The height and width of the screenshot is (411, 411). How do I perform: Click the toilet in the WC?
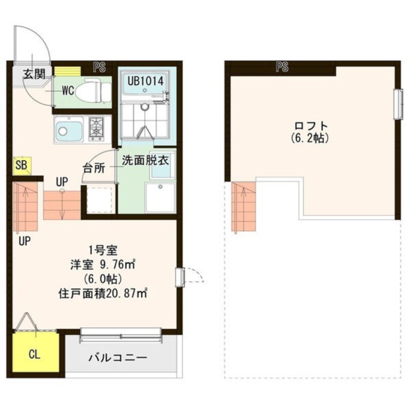pyautogui.click(x=94, y=90)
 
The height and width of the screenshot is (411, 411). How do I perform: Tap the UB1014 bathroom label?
pyautogui.click(x=145, y=81)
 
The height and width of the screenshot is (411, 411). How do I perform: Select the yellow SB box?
pyautogui.click(x=22, y=165)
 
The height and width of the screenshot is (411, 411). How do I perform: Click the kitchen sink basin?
pyautogui.click(x=69, y=130)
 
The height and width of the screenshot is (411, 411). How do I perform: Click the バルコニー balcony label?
pyautogui.click(x=118, y=358)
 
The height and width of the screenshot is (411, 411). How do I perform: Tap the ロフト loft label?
pyautogui.click(x=311, y=126)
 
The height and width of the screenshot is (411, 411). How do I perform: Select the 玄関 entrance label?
pyautogui.click(x=34, y=74)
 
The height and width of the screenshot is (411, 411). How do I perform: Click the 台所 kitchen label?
pyautogui.click(x=94, y=169)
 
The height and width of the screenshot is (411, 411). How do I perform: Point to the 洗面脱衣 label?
pyautogui.click(x=145, y=160)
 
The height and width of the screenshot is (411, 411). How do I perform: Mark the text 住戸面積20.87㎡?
pyautogui.click(x=102, y=293)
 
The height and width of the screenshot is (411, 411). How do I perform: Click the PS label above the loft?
pyautogui.click(x=282, y=67)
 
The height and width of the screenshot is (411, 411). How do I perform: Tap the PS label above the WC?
pyautogui.click(x=99, y=67)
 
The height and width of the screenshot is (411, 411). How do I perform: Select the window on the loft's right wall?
pyautogui.click(x=398, y=104)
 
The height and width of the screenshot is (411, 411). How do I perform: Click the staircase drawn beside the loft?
pyautogui.click(x=244, y=207)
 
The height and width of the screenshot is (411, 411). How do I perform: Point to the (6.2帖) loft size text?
pyautogui.click(x=310, y=138)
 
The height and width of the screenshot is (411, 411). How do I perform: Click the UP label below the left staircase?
pyautogui.click(x=25, y=241)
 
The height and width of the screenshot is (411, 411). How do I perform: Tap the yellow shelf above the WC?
pyautogui.click(x=67, y=71)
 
